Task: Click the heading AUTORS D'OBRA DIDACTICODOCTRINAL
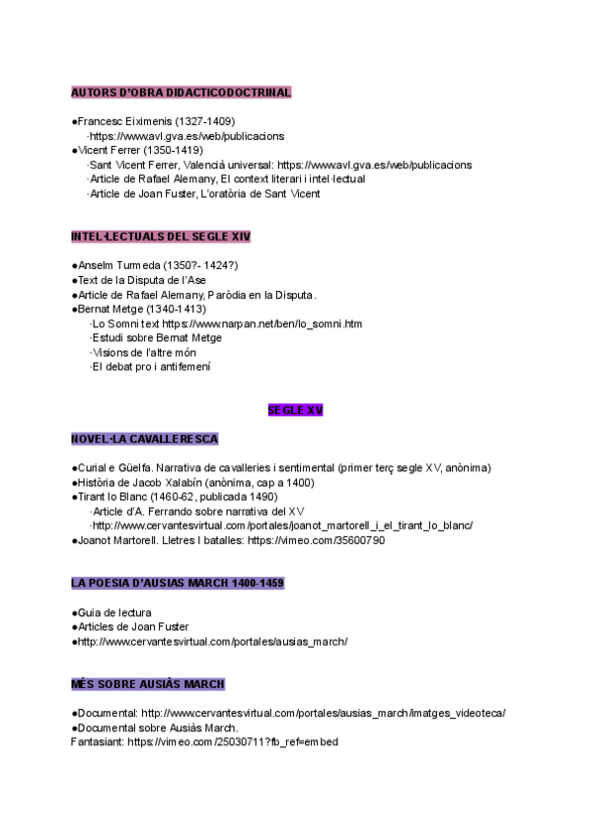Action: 181,93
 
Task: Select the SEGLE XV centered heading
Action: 295,409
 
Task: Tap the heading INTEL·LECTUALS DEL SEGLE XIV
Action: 161,237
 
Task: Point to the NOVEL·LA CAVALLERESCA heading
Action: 144,439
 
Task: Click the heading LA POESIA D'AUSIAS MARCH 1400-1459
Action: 178,584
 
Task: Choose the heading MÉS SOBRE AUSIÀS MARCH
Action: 148,684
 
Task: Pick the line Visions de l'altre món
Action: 143,352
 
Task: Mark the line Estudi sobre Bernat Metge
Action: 156,338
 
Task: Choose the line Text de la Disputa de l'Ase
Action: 141,280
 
